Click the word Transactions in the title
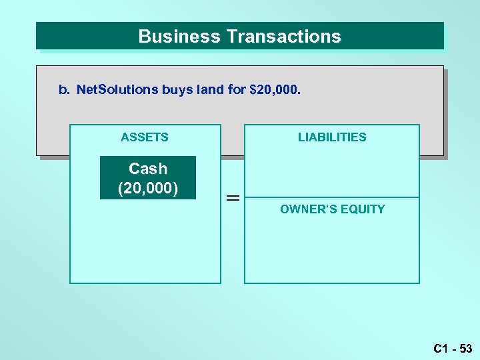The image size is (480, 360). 284,36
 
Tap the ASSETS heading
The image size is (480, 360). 145,137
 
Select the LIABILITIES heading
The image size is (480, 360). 332,137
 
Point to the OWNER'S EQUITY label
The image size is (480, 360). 332,209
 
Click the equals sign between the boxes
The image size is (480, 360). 233,198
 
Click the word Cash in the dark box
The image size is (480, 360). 148,169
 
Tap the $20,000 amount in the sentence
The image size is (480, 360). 275,89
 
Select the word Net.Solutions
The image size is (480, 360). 117,89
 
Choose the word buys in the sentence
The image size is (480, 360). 177,89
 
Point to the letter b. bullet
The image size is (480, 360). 64,89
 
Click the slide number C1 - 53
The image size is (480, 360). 452,348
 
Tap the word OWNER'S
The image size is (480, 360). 306,209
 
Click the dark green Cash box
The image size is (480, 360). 148,179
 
